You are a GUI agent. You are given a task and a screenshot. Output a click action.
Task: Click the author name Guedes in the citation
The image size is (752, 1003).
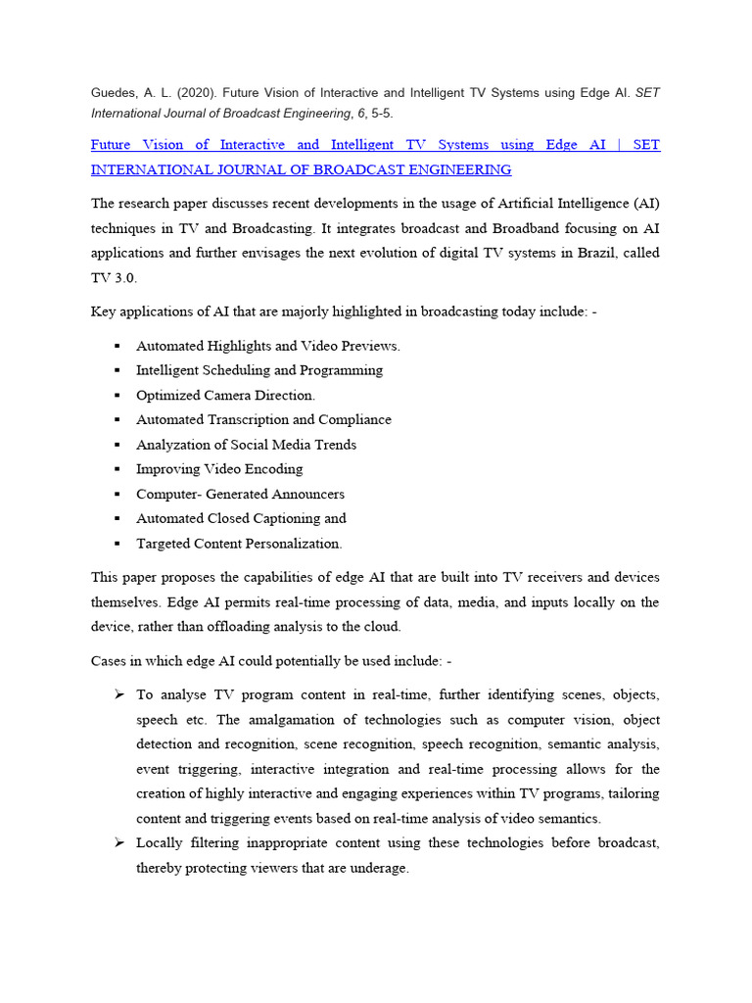pos(114,92)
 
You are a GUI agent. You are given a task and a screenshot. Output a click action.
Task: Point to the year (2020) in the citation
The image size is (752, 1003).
pos(192,92)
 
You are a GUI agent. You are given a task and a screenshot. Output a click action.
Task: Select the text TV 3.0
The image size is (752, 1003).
pos(115,277)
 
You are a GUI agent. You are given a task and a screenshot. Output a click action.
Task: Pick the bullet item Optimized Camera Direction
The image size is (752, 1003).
pos(225,396)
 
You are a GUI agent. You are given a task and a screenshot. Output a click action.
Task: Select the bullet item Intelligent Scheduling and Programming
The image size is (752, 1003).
pos(258,370)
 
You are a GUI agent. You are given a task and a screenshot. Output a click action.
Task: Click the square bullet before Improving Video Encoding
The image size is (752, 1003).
pos(116,469)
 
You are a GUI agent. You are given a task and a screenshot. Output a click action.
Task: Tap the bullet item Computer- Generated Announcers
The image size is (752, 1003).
pos(240,495)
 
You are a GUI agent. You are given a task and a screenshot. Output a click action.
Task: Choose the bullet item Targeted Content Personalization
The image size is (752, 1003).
pos(239,544)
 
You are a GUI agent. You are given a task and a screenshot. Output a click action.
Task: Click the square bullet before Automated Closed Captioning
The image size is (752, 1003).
pos(116,519)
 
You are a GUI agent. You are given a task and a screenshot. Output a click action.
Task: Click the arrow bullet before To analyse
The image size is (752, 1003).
pos(118,694)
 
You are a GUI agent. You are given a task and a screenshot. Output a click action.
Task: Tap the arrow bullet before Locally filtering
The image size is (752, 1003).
pos(118,843)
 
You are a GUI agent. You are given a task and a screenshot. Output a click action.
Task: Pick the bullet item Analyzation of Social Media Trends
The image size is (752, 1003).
pos(246,445)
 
